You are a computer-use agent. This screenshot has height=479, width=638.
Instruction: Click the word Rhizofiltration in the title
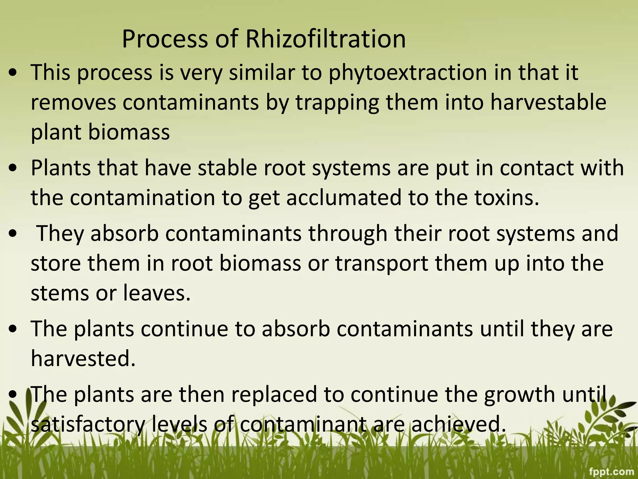click(x=326, y=39)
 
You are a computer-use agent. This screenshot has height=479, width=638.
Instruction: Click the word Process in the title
click(x=165, y=39)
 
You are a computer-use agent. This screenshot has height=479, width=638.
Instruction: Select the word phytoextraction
click(x=408, y=72)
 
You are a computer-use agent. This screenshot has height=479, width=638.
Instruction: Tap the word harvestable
click(x=549, y=102)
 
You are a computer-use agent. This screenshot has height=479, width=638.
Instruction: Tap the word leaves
click(x=157, y=293)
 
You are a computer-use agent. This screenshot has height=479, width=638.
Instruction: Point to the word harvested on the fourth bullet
click(x=83, y=359)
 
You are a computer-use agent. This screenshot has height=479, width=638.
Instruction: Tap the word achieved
click(x=458, y=424)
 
